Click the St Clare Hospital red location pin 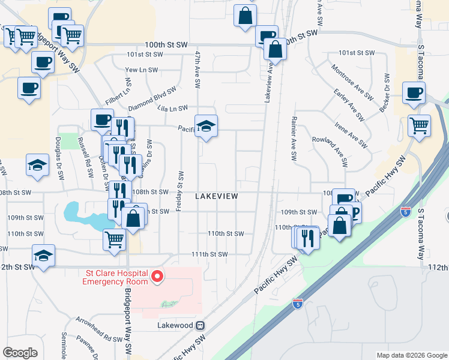[x=158, y=277]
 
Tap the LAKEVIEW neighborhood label [x=217, y=196]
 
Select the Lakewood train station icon [x=200, y=325]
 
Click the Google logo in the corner [x=20, y=353]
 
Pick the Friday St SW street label [x=179, y=189]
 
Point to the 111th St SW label [x=210, y=254]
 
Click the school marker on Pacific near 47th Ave [x=206, y=126]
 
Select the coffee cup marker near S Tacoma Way [x=414, y=93]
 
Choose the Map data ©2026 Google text [x=412, y=355]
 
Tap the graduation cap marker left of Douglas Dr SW [x=37, y=165]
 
